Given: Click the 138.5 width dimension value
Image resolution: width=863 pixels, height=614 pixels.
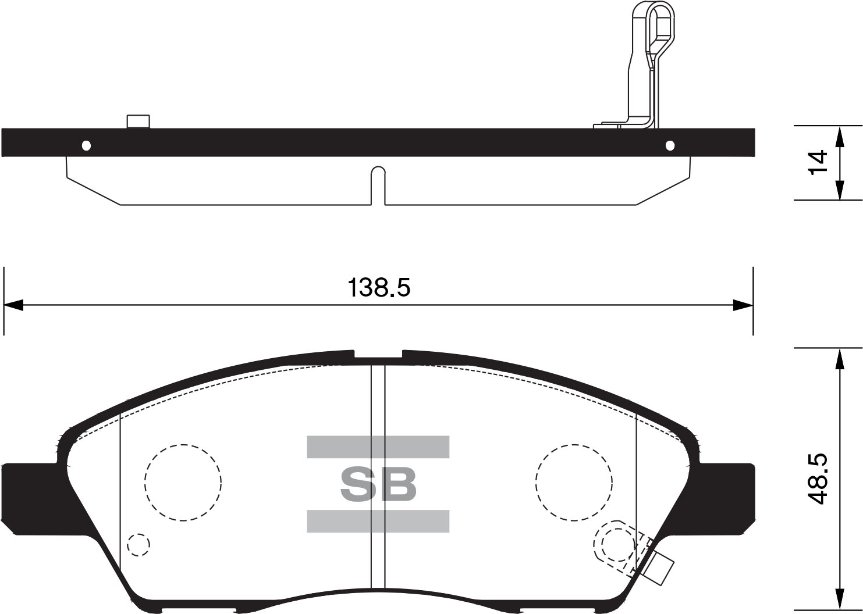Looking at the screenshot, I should coord(379,287).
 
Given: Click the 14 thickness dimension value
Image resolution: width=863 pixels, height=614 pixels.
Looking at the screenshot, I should coord(817,162).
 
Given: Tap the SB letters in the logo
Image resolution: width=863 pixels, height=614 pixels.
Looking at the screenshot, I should coord(378,484).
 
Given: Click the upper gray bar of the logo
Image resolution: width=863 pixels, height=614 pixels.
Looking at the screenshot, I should coord(378,447).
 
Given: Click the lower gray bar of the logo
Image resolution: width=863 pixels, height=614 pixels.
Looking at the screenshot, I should coord(378,521).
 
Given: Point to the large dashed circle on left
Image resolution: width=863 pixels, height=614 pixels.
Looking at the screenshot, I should coord(183,482).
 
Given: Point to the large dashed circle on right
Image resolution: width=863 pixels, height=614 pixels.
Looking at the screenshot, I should coord(574,482).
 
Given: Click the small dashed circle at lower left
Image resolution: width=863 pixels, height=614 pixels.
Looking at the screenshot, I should coord(138,545).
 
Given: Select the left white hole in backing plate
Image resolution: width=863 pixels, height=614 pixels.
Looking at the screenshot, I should coord(87,145).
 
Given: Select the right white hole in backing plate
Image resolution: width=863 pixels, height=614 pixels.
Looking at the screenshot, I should coord(670,145).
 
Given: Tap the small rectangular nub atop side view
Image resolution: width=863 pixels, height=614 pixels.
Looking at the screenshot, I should coord(138,121).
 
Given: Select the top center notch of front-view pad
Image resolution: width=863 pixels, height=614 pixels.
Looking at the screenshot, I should coord(378,354).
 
